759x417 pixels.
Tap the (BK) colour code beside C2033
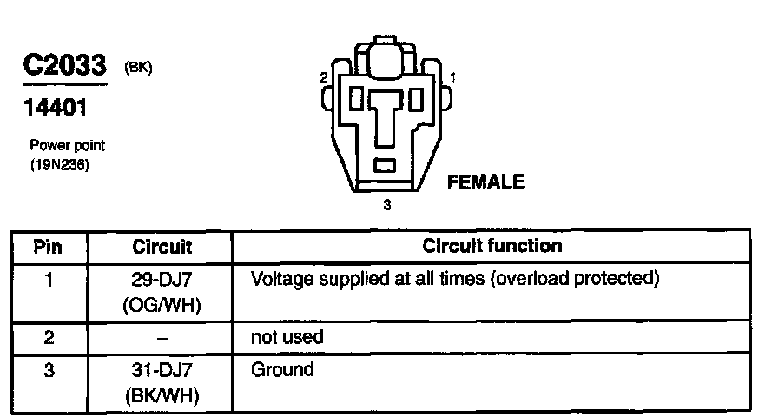pos(139,68)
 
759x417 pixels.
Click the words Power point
pos(68,146)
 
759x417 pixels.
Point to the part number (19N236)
pos(61,162)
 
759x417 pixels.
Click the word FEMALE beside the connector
pos(485,182)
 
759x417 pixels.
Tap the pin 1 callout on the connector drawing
pos(453,78)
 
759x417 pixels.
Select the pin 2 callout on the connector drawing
pos(324,78)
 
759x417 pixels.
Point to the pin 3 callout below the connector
pos(387,206)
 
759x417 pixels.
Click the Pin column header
pos(48,247)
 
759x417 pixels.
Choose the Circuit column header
pos(162,247)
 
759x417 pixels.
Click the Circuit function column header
pos(492,246)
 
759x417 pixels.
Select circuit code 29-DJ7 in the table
pos(162,280)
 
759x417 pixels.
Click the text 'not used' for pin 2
pos(287,337)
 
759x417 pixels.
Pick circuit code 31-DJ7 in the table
pos(162,371)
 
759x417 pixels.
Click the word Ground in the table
pos(282,370)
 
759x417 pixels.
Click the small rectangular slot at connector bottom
pos(386,165)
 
